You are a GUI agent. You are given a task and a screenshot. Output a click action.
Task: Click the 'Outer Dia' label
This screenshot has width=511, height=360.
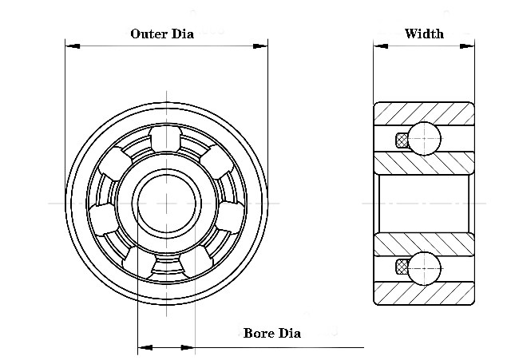162,34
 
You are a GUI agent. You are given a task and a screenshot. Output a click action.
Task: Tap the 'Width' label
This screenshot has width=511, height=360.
424,34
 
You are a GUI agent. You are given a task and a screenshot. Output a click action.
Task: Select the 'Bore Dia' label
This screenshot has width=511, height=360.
271,333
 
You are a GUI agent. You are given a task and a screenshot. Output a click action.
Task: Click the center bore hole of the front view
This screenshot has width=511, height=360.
166,202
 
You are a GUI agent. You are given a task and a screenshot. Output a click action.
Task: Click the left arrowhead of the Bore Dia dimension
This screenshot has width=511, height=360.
145,347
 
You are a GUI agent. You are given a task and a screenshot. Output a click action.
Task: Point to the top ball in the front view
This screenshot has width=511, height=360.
166,137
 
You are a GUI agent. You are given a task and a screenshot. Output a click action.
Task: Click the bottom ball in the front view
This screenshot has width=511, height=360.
166,267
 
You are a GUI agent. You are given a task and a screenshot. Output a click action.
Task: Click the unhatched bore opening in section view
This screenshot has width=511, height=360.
424,203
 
